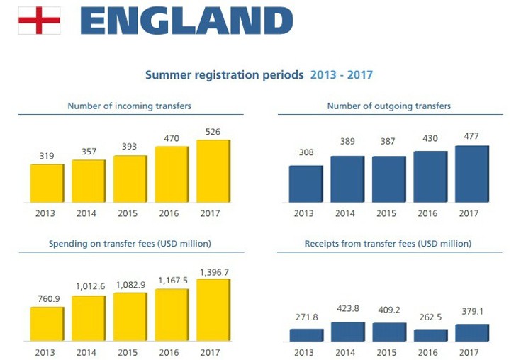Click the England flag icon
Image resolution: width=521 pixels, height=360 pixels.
coord(39,21)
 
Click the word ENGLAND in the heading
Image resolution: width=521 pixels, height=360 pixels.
coord(186,21)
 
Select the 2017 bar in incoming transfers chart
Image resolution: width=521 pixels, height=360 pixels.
coord(213,171)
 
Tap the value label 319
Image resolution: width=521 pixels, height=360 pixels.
coord(46,155)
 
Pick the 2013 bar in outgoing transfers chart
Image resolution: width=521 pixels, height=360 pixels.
coord(306,184)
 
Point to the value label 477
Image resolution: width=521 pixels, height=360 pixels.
coord(471,136)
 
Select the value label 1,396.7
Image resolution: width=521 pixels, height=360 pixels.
coord(212,271)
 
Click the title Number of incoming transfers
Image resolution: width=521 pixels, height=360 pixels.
coord(129,106)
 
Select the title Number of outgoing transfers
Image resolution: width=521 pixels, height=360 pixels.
coord(388,106)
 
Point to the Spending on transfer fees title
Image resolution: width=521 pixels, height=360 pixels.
coord(129,244)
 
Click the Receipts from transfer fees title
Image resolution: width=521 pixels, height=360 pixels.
coord(388,244)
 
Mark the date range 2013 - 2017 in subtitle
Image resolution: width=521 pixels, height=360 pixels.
coord(342,74)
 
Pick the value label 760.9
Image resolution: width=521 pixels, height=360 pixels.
coord(46,298)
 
